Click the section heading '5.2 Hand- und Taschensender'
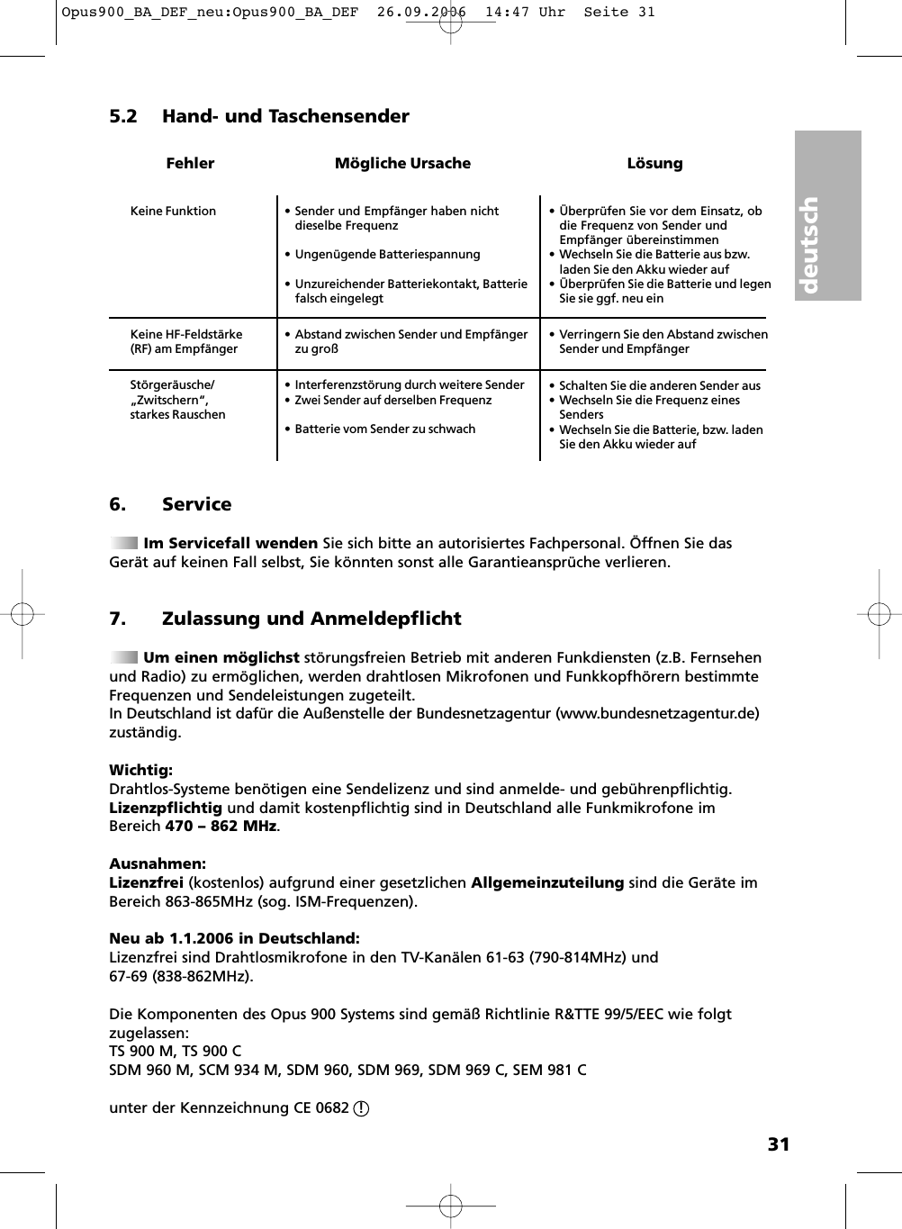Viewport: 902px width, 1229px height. pos(258,116)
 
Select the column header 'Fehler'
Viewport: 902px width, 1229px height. pos(190,163)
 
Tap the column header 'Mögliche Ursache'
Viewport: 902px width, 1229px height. pos(402,163)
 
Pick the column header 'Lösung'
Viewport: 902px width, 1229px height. pos(654,163)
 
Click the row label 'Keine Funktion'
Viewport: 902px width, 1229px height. pos(173,211)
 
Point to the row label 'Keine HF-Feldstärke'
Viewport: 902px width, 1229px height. pos(186,334)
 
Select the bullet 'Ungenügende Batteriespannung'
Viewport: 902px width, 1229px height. pos(387,254)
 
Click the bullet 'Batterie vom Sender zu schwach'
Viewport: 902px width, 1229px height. pos(384,429)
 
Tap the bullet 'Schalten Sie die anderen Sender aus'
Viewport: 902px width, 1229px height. pos(659,385)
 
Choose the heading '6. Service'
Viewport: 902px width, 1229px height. pos(170,504)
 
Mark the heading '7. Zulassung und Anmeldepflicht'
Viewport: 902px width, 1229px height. pos(284,619)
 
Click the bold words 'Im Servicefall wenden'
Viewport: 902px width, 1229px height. pos(230,543)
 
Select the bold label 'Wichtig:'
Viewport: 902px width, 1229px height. pos(140,770)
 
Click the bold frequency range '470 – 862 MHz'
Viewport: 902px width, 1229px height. pos(221,827)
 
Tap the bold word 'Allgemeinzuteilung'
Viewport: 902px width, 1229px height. pos(547,882)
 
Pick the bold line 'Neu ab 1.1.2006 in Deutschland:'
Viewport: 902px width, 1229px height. pos(234,938)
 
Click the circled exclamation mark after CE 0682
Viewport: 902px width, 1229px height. pos(361,1108)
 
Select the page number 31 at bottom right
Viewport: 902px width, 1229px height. pos(778,1144)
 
